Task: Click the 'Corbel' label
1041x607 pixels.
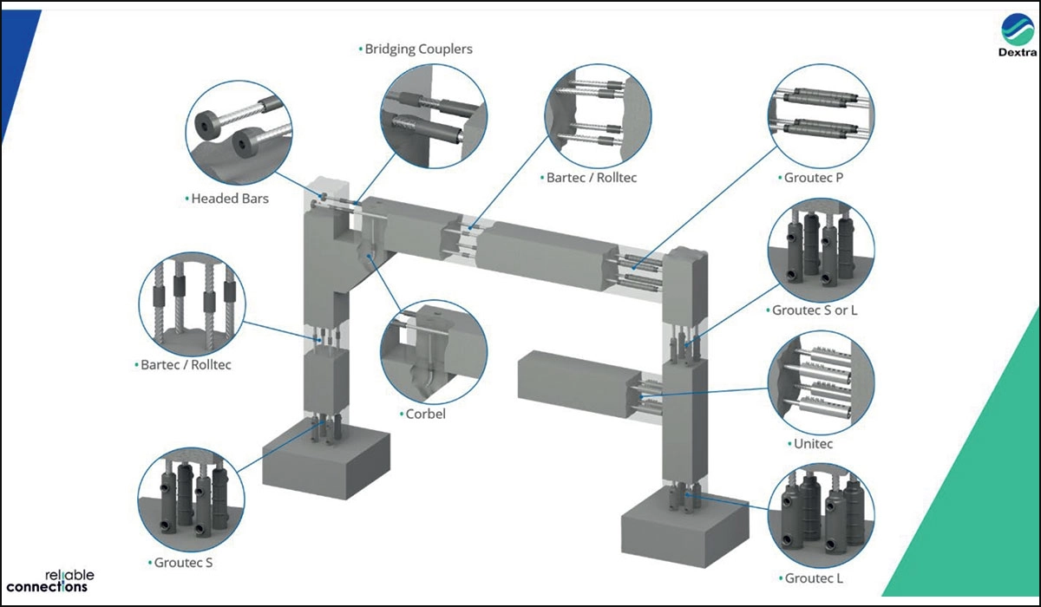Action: (x=425, y=414)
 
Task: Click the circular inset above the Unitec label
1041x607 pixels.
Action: (x=821, y=382)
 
